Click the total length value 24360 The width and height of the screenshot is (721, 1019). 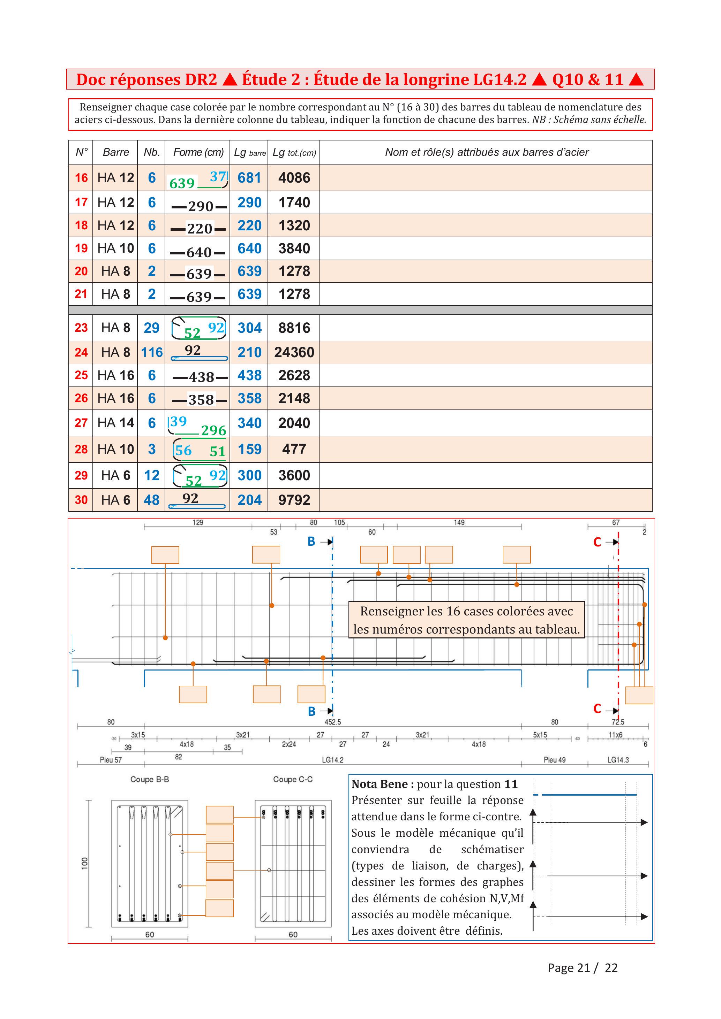click(x=294, y=352)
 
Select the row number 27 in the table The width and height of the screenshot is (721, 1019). click(x=81, y=422)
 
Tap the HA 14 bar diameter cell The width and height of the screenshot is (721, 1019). click(x=115, y=422)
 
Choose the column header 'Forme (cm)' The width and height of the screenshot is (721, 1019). click(x=198, y=152)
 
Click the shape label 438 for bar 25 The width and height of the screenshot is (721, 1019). click(x=201, y=377)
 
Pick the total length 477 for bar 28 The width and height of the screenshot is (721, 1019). click(x=294, y=449)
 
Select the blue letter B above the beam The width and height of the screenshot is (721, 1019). click(x=311, y=542)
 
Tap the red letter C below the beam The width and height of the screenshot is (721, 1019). click(x=598, y=709)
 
